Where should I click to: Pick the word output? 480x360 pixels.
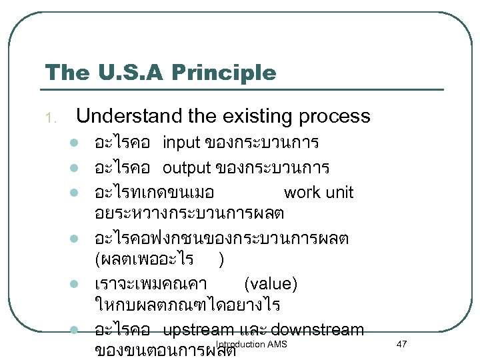(186, 167)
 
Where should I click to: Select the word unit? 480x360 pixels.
(338, 193)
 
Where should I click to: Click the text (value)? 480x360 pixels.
(271, 284)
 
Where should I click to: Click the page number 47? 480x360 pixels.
(401, 343)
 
